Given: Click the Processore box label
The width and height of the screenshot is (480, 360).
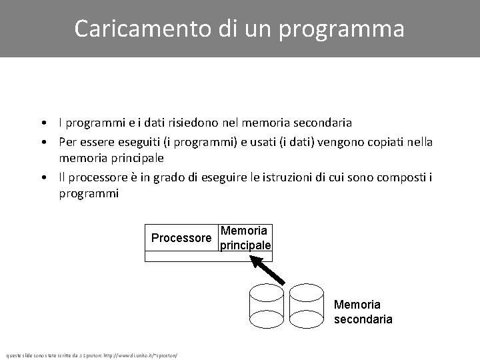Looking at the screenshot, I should coord(181,238).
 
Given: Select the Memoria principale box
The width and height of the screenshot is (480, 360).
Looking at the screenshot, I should coord(245,238).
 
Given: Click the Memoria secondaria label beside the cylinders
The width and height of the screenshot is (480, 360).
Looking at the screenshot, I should coord(363,312).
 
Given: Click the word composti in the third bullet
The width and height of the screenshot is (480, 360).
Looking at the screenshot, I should coord(402,177).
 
